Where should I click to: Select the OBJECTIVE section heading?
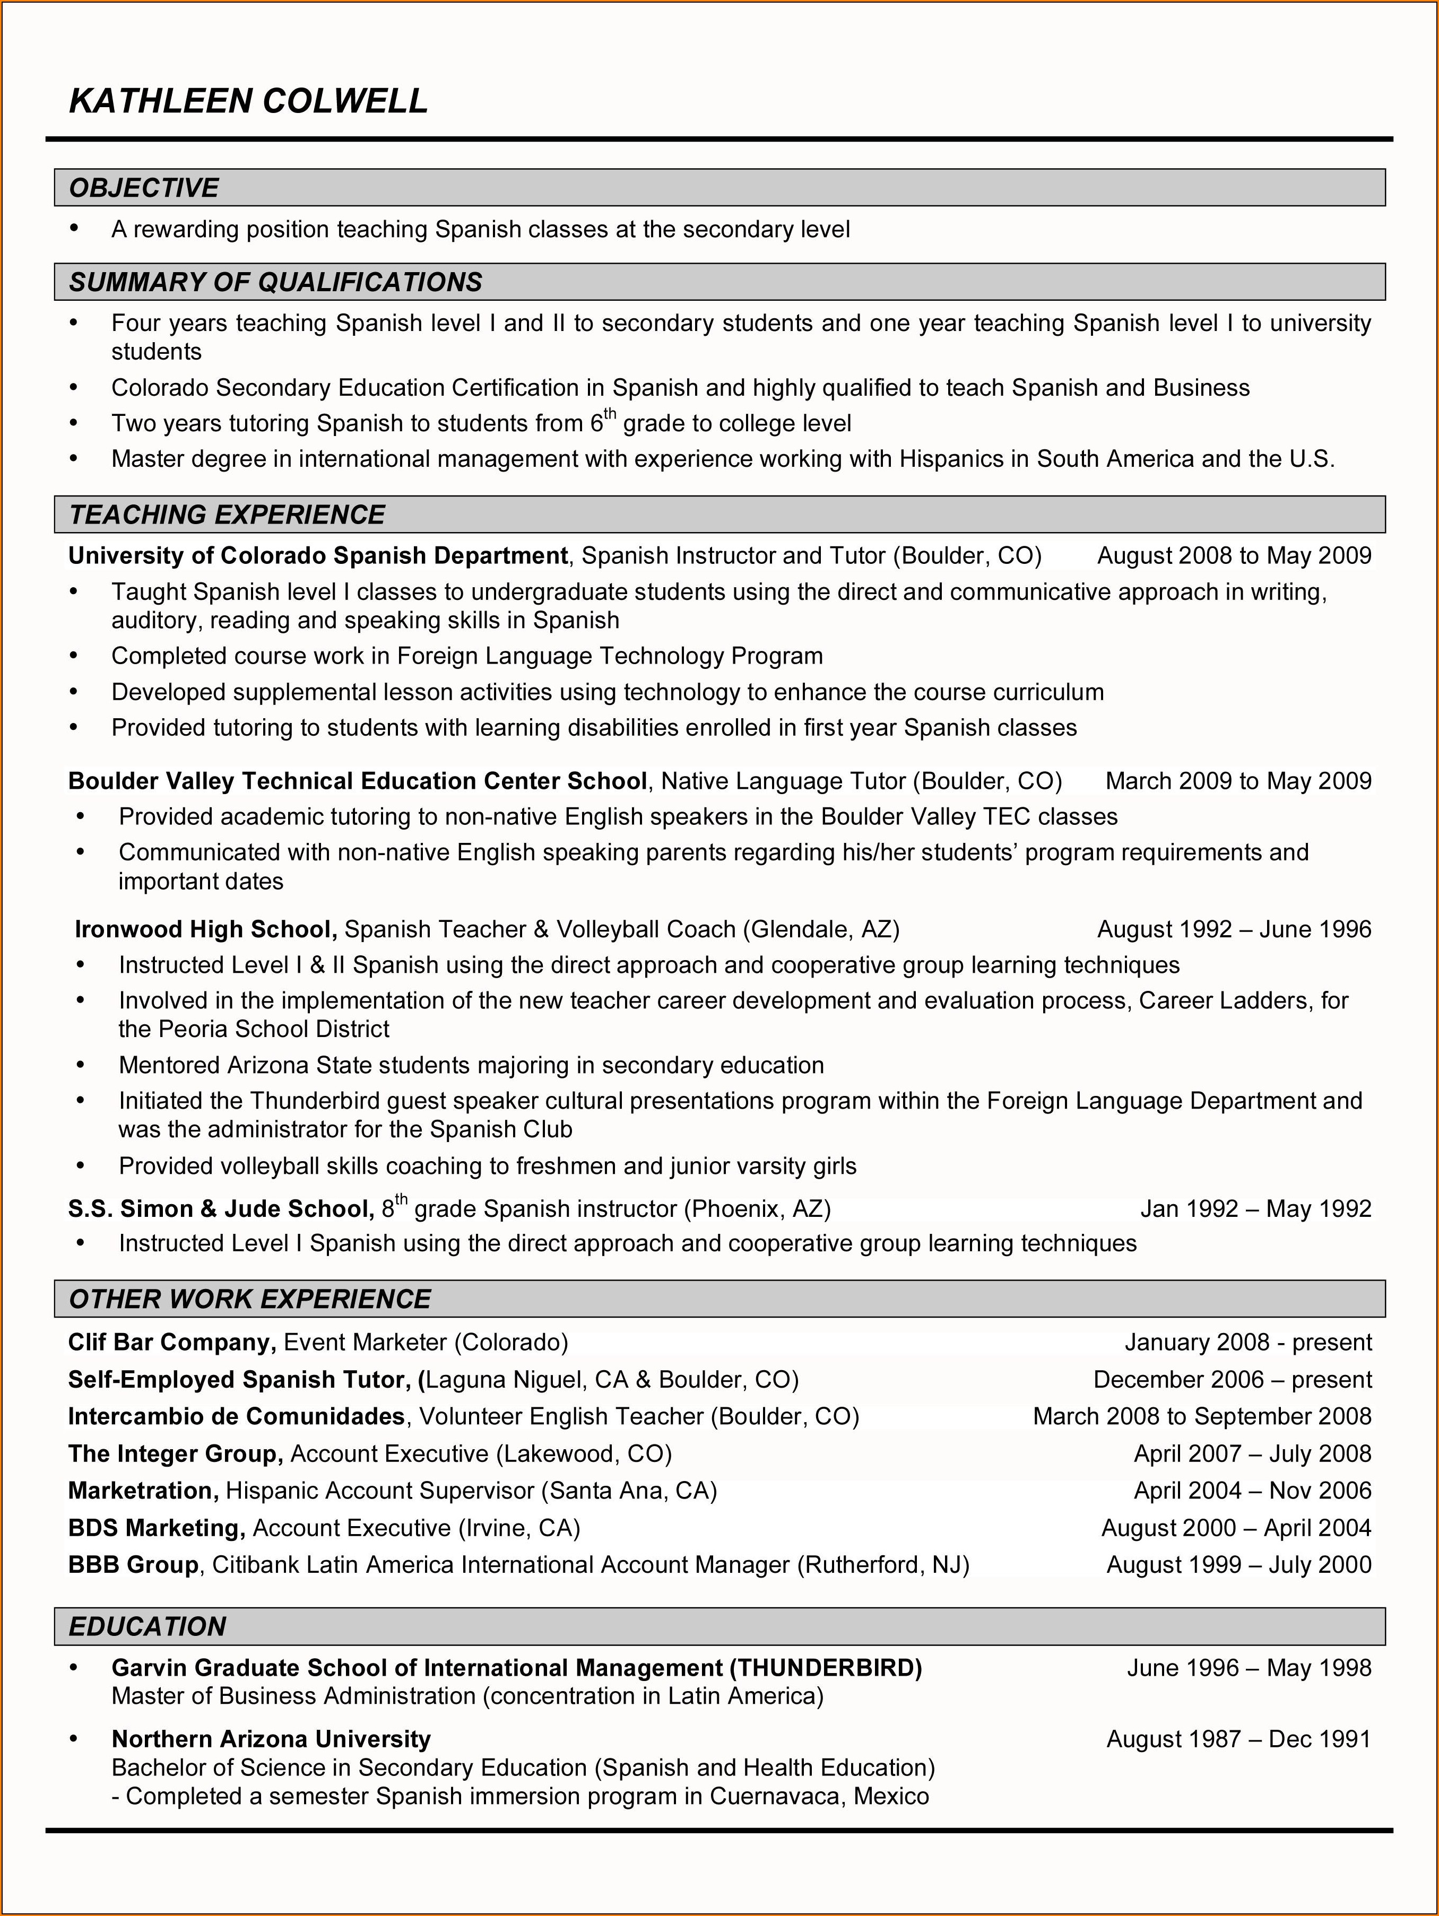pos(144,188)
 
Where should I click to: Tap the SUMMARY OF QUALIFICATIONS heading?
pos(275,282)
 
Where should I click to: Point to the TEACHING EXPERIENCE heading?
pos(227,515)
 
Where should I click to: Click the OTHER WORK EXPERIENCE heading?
pos(249,1299)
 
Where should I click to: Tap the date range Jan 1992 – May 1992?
pos(1255,1208)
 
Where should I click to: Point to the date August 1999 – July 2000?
pos(1239,1564)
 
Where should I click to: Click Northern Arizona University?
pos(271,1739)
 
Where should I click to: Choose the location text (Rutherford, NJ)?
pos(883,1564)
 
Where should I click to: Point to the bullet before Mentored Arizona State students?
pos(81,1065)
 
